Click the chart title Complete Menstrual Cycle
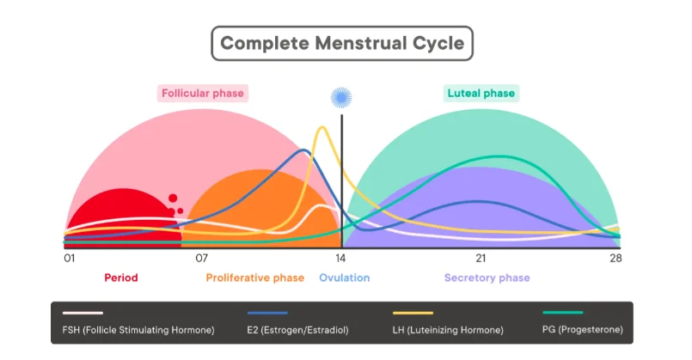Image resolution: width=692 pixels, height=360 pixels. click(342, 43)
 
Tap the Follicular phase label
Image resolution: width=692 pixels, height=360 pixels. click(203, 93)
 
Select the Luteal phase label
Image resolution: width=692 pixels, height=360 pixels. click(481, 93)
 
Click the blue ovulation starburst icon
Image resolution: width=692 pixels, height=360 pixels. click(341, 97)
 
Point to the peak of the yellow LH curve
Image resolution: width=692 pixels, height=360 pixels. click(322, 127)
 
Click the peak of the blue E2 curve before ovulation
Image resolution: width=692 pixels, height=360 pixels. click(304, 150)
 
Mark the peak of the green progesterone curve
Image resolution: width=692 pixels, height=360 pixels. click(498, 156)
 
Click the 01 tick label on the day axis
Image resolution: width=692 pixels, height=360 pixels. click(70, 259)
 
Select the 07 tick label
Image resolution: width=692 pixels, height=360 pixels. click(202, 259)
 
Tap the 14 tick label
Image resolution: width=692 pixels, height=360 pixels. click(340, 259)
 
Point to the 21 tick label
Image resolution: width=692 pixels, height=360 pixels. click(481, 259)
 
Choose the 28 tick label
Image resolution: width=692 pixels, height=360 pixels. click(615, 259)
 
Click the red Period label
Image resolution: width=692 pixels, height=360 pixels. click(121, 278)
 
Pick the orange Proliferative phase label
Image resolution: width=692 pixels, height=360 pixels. click(255, 278)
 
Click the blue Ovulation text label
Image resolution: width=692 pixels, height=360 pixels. click(344, 278)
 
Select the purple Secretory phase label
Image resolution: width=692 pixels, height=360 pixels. click(487, 278)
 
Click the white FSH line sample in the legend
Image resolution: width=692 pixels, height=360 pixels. click(83, 313)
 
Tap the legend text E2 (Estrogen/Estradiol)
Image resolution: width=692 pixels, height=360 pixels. click(298, 330)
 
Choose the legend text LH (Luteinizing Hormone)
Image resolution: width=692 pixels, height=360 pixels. click(448, 330)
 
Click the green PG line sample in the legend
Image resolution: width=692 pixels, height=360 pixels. click(563, 313)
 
